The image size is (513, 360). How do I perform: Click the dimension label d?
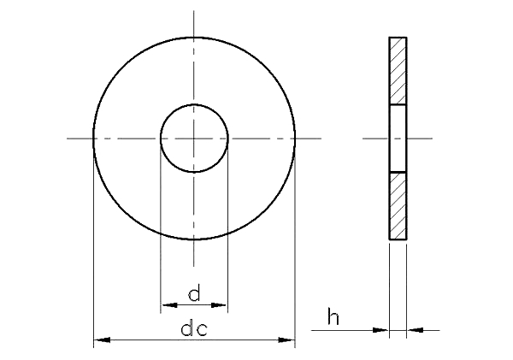click(x=194, y=295)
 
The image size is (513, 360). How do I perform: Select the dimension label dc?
click(x=194, y=330)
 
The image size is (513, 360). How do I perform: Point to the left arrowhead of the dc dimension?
click(x=101, y=341)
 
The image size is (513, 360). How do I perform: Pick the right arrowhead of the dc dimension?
click(x=287, y=341)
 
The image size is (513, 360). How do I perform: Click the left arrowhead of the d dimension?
click(x=168, y=304)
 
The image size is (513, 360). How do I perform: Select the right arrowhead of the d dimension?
click(x=221, y=304)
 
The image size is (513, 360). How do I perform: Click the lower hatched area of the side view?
click(x=398, y=206)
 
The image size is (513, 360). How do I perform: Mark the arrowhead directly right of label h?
click(x=381, y=330)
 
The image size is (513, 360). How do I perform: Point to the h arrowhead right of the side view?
click(x=415, y=330)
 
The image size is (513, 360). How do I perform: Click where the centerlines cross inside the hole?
click(x=194, y=139)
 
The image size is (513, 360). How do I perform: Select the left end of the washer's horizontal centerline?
click(x=68, y=139)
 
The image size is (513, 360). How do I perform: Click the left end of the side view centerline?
click(x=364, y=139)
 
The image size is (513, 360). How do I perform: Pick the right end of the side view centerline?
click(x=433, y=139)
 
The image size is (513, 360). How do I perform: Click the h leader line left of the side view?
click(x=351, y=330)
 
